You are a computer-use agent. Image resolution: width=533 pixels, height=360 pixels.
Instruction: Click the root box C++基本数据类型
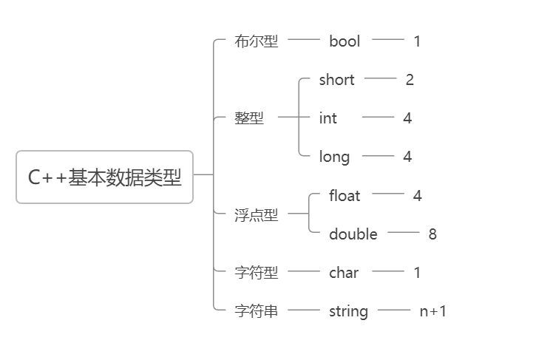(104, 177)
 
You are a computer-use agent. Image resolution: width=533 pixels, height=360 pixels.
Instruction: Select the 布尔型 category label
(256, 41)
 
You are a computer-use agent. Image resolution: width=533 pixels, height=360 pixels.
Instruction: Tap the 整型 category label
(248, 118)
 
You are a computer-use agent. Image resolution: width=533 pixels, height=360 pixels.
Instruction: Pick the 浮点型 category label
(256, 215)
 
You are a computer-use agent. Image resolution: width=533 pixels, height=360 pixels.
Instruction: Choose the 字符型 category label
(256, 273)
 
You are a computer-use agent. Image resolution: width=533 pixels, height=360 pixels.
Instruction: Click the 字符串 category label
(256, 311)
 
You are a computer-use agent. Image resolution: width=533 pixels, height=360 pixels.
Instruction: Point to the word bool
(344, 41)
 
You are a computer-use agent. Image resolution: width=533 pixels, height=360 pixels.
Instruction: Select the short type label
(336, 80)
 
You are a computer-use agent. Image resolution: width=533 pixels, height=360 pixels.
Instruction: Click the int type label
(327, 118)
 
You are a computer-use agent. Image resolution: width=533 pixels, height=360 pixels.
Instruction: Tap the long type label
(334, 157)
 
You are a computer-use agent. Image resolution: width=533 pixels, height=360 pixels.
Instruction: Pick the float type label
(344, 196)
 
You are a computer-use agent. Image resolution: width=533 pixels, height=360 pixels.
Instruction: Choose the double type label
(353, 234)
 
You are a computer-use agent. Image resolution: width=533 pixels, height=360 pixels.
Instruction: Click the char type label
(344, 273)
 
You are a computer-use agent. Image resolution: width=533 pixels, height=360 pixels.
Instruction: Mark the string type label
(348, 311)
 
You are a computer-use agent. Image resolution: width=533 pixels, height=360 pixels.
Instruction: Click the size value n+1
(432, 311)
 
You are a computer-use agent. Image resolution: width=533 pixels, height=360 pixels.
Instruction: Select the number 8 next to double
(432, 234)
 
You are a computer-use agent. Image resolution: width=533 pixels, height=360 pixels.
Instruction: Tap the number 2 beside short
(410, 80)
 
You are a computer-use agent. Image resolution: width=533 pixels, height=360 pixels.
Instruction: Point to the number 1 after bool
(417, 41)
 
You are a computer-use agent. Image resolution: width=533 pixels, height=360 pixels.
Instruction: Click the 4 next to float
(417, 196)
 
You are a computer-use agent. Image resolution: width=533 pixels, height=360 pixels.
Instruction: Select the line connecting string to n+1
(393, 310)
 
